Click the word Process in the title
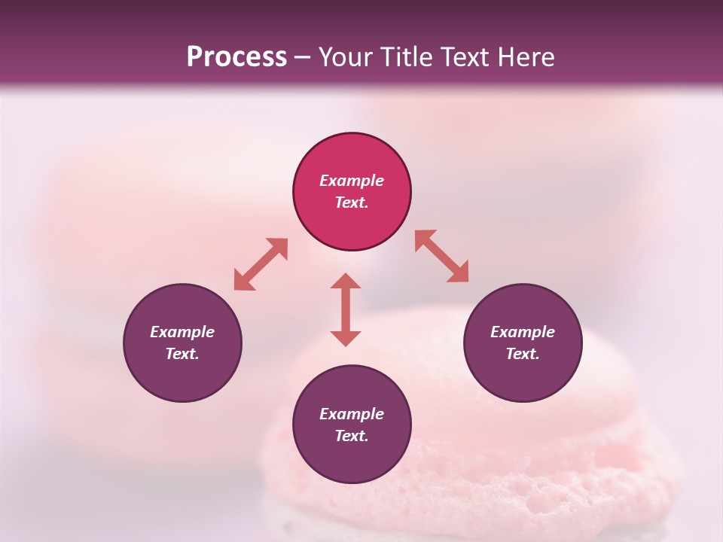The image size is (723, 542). coord(236,57)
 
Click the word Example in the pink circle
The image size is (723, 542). coord(352,181)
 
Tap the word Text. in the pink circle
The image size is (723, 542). coord(352,202)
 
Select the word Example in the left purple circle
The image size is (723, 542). coord(182,332)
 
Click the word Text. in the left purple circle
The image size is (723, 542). coord(182,354)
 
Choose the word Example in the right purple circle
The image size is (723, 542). coord(523,332)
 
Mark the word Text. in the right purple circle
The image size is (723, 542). coord(523,354)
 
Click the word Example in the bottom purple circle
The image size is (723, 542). coord(352,414)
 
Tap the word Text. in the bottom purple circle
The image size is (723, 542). coord(352,436)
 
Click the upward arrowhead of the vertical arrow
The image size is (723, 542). coord(346,282)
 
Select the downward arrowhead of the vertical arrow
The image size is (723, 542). coord(346,338)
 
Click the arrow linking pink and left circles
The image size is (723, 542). coord(261,264)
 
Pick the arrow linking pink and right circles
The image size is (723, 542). coord(442,256)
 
